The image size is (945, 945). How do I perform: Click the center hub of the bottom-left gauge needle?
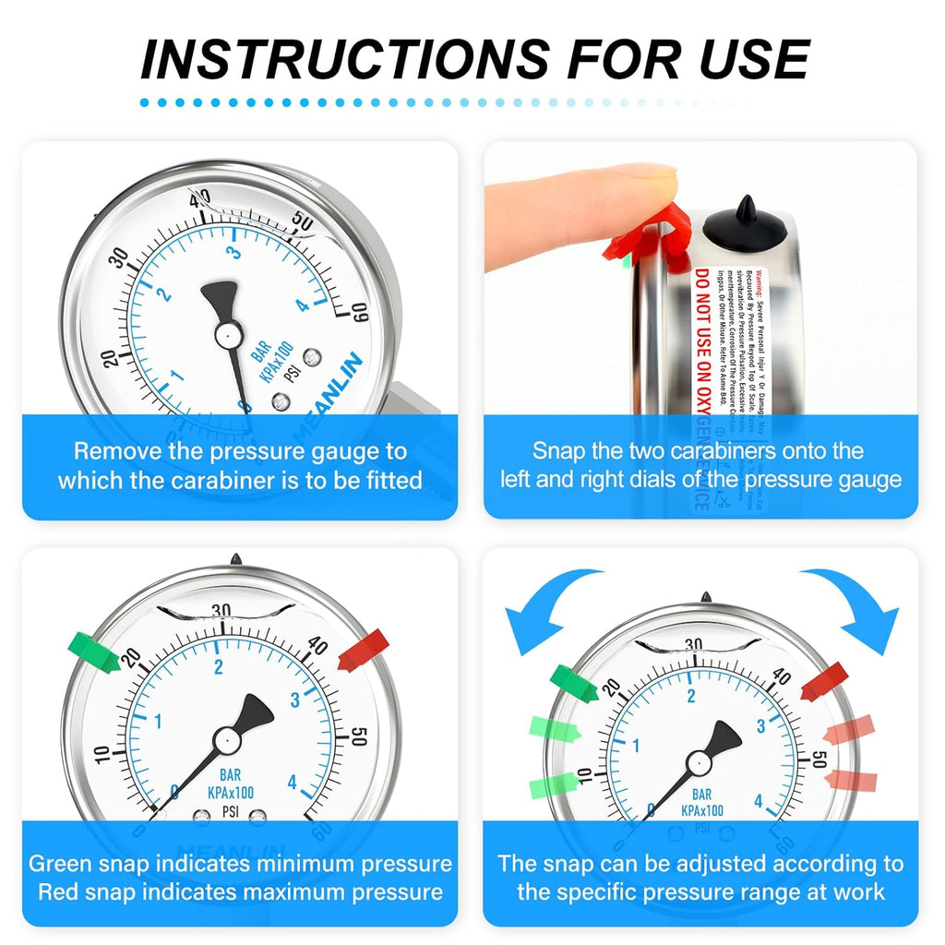click(x=225, y=739)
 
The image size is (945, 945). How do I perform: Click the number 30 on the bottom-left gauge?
click(x=221, y=610)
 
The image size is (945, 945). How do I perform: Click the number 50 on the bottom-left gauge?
click(x=359, y=736)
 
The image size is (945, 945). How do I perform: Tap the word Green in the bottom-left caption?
click(x=66, y=864)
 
